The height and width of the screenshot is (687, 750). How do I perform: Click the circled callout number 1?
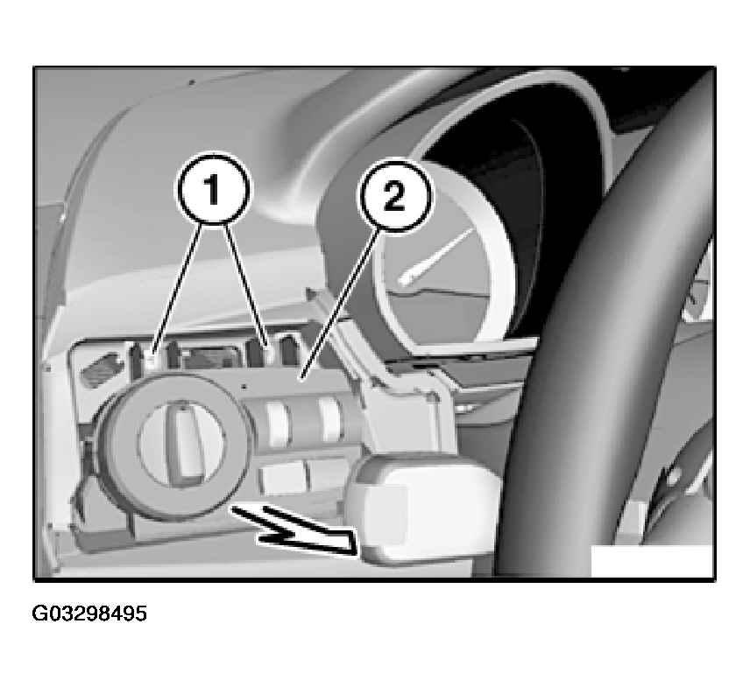(x=213, y=189)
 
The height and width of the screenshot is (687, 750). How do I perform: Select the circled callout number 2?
(x=394, y=196)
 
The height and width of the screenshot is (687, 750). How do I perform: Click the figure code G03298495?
(x=89, y=613)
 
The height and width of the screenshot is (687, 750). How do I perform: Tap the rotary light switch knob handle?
(x=182, y=442)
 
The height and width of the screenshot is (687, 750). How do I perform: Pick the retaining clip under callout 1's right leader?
(x=269, y=354)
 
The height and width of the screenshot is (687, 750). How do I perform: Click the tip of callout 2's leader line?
(x=301, y=380)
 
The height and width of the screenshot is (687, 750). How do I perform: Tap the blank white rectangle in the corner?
(x=652, y=562)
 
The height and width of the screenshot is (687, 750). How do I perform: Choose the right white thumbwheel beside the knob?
(x=331, y=419)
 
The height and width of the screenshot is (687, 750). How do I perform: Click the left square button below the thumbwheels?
(x=282, y=480)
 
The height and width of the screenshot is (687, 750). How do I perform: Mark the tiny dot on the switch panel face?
(x=244, y=386)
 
